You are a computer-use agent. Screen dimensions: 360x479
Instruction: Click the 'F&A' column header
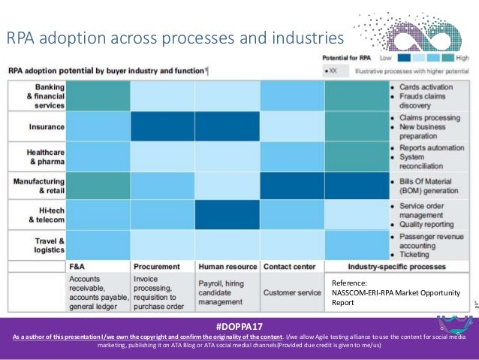[x=77, y=266]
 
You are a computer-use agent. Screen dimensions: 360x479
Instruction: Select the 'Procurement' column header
[x=156, y=266]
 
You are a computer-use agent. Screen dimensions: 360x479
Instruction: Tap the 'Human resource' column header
[x=227, y=266]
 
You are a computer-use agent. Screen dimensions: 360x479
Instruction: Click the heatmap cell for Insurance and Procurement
[x=161, y=127]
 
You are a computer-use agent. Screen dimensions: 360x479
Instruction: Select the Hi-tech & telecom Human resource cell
[x=227, y=215]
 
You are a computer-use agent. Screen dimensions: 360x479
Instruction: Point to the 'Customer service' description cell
[x=291, y=292]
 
